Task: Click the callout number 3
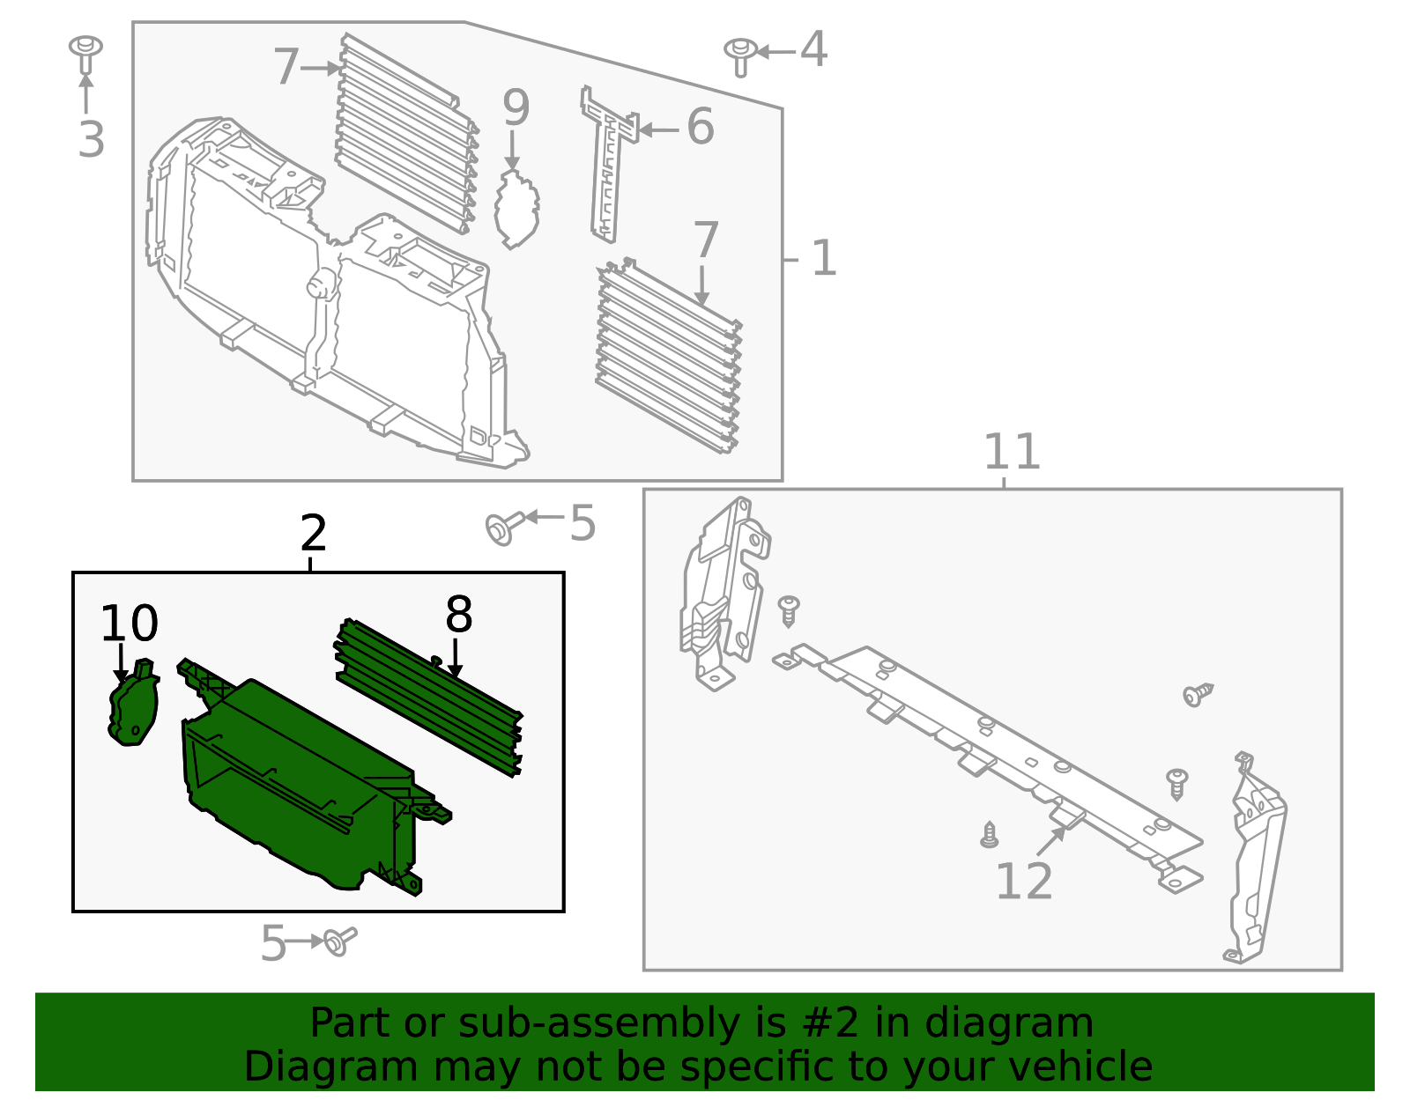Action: click(x=91, y=140)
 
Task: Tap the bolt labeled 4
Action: click(x=739, y=55)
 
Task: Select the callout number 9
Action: click(x=516, y=108)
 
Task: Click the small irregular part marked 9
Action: click(x=516, y=210)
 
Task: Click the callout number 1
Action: click(x=823, y=259)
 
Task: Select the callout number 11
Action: click(x=1011, y=452)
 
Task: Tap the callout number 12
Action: click(x=1023, y=882)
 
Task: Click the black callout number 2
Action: click(x=313, y=534)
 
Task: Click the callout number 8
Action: click(x=458, y=615)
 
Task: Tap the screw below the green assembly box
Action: click(x=339, y=941)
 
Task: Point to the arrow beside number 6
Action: click(x=657, y=129)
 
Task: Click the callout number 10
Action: click(x=129, y=624)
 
